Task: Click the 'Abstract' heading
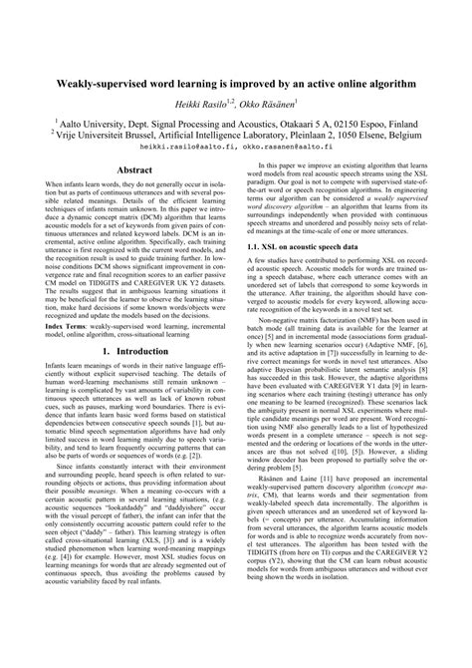134,170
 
